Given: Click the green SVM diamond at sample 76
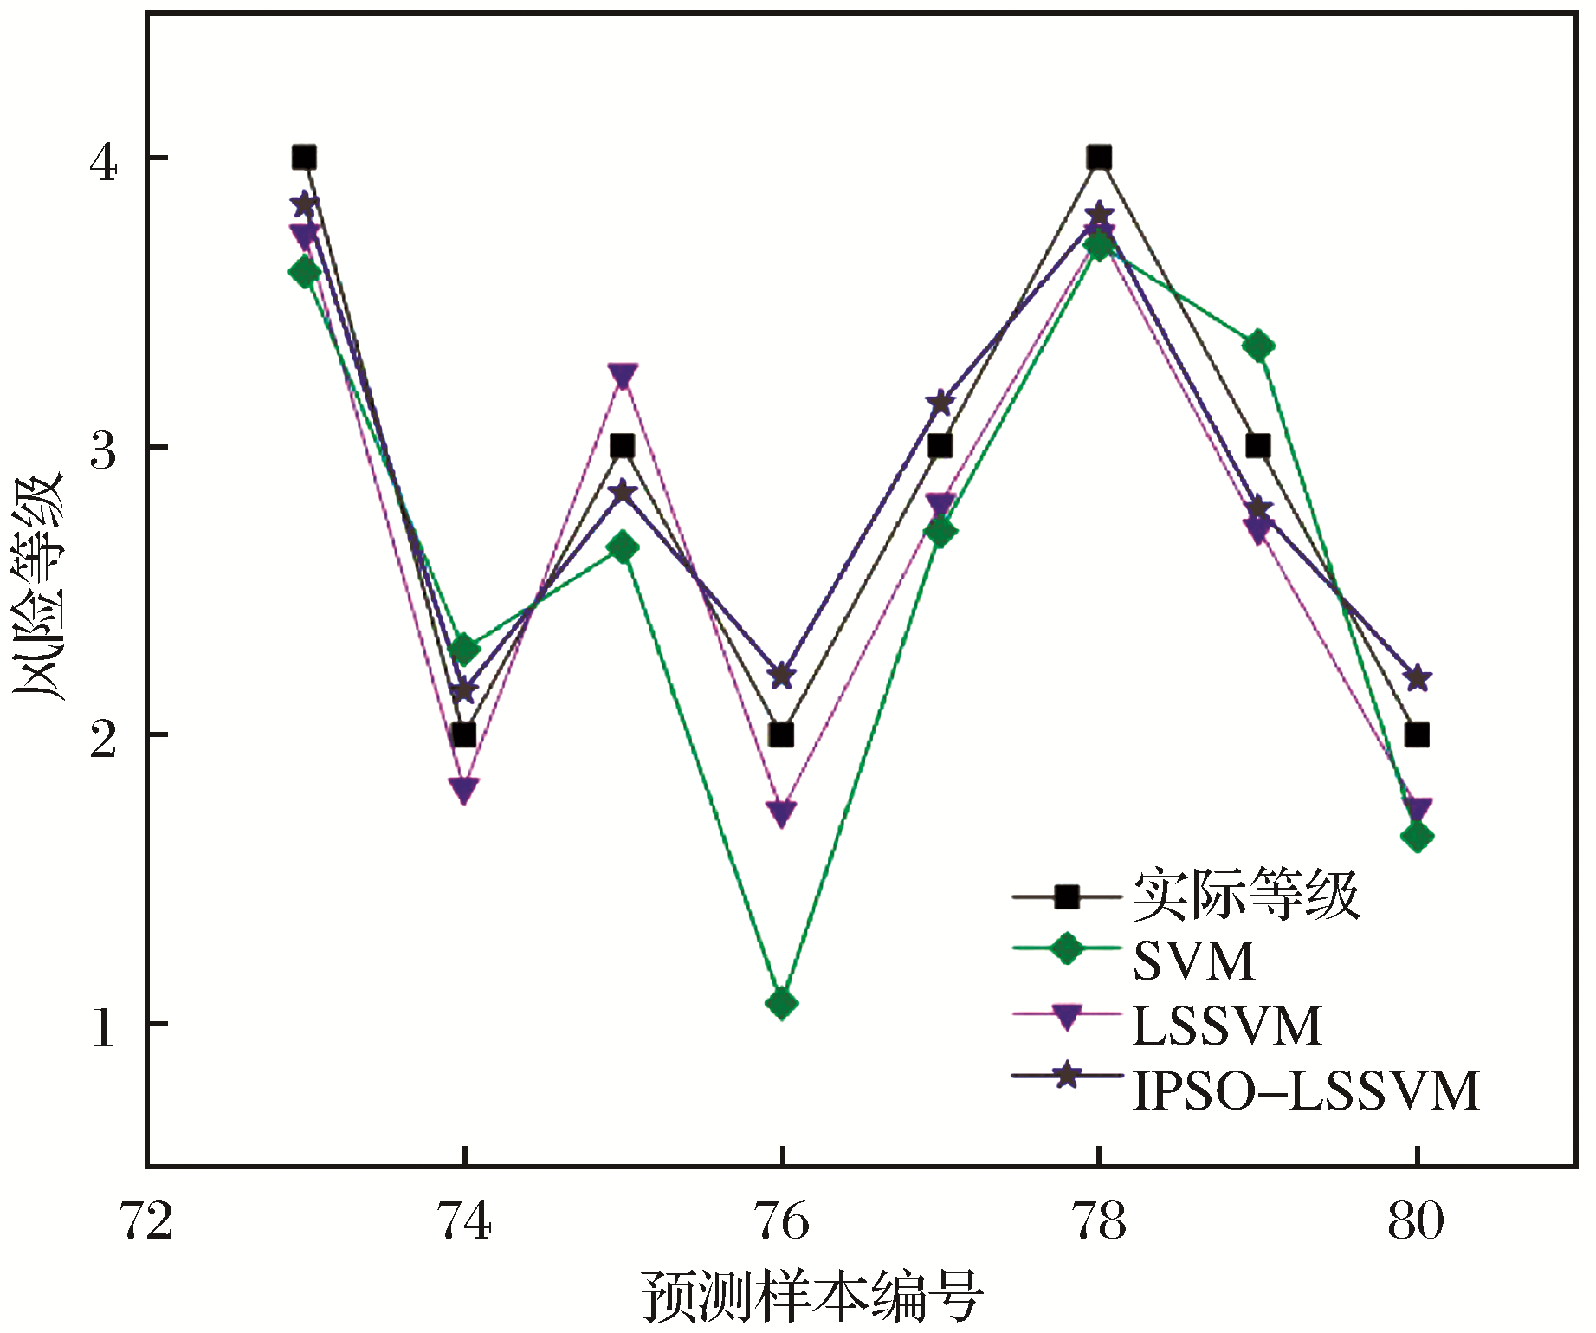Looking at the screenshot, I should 781,1004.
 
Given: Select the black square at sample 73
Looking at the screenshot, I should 304,158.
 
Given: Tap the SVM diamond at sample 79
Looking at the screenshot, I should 1258,346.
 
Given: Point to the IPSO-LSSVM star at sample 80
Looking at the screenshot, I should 1417,677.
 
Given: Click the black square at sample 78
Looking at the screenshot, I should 1099,158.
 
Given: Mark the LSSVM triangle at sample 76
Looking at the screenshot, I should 781,812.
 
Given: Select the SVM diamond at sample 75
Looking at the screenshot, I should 623,547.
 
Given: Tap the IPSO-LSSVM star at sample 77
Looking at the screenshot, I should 940,403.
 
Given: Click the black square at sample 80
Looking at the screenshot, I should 1417,735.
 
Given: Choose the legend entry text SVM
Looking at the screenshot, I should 1194,961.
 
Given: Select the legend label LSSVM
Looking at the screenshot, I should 1227,1026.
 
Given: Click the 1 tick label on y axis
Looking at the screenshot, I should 103,1028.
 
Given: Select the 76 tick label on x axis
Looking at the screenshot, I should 782,1222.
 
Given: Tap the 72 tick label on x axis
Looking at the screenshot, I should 145,1222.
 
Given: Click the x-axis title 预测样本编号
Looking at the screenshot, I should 811,1297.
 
